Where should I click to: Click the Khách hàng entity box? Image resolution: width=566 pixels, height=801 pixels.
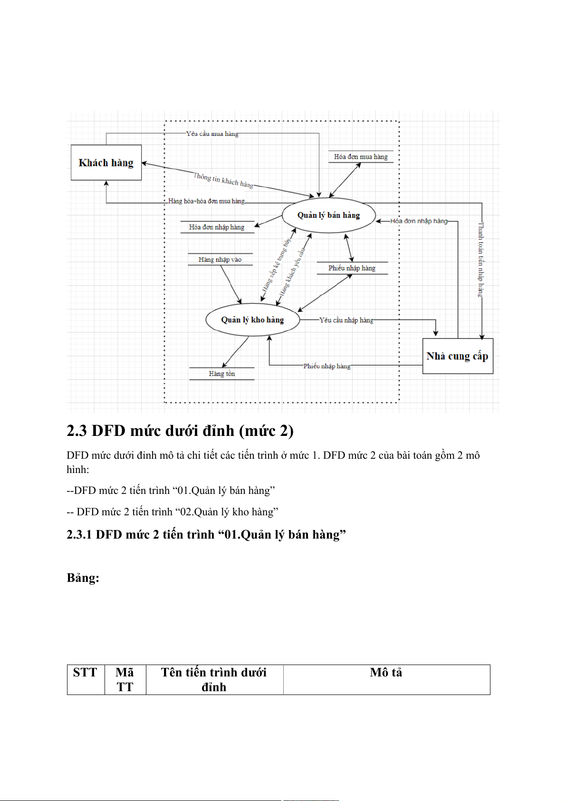(x=106, y=163)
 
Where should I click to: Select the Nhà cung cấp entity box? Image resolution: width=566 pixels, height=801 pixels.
(x=457, y=356)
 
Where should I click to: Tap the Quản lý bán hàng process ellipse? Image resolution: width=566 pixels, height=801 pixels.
(x=328, y=215)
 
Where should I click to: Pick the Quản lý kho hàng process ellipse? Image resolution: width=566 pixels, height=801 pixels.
(x=252, y=320)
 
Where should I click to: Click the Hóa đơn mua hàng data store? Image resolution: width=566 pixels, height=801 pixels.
(x=361, y=157)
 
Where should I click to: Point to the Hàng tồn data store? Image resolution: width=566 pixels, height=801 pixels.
(x=222, y=374)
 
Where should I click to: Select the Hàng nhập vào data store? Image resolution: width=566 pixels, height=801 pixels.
(x=220, y=260)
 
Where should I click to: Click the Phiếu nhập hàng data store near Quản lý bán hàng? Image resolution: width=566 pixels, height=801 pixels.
(x=352, y=268)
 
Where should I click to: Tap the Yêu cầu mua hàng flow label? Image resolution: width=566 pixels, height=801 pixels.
(x=212, y=134)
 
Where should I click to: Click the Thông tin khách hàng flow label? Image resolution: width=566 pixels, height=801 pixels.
(x=223, y=180)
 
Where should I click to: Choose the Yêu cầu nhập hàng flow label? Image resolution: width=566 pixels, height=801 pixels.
(x=346, y=320)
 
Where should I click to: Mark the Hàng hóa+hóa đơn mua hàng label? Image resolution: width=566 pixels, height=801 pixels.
(x=207, y=201)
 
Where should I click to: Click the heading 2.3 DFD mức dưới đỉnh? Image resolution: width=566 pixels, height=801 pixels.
(x=180, y=431)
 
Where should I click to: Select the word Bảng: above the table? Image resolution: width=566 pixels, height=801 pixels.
(x=83, y=578)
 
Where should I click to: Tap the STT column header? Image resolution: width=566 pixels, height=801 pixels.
(x=85, y=673)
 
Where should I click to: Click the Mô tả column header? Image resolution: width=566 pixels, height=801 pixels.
(x=386, y=673)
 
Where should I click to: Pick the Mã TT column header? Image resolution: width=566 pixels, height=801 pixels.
(x=125, y=680)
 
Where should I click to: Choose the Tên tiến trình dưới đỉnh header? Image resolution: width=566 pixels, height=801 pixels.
(x=214, y=680)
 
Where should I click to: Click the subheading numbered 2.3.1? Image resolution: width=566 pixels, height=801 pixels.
(x=206, y=535)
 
